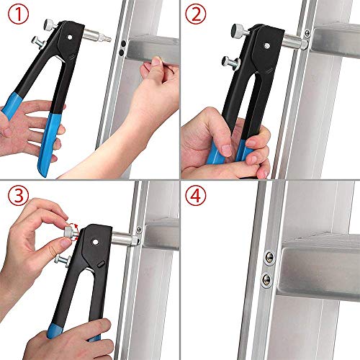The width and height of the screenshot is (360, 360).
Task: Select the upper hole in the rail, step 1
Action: tap(125, 43)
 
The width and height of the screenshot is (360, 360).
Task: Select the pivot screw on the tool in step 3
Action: tap(99, 244)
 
